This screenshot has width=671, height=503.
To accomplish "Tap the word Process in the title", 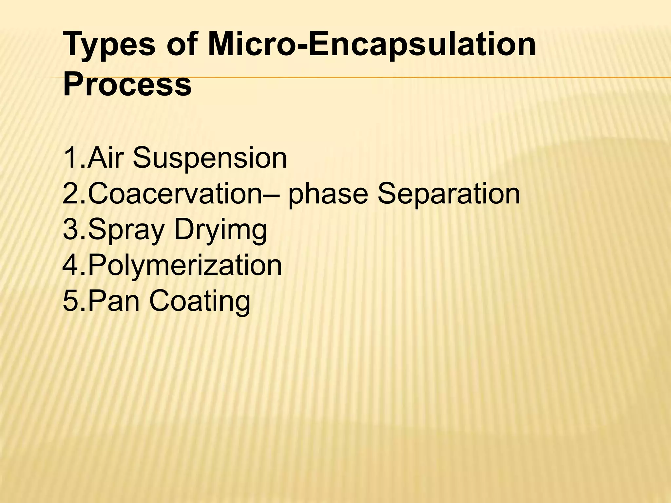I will coord(127,84).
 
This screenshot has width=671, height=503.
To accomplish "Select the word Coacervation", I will coord(175,194).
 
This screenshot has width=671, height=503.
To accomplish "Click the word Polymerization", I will coord(185,266).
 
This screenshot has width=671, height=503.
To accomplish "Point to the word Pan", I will coord(115,301).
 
